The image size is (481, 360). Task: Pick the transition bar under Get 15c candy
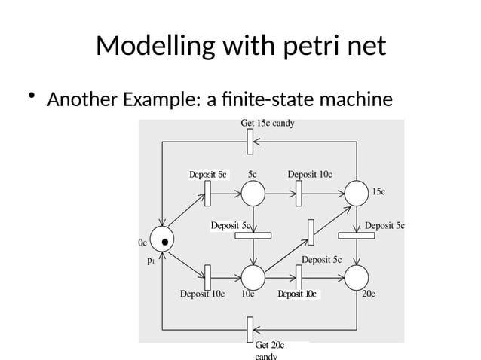click(250, 141)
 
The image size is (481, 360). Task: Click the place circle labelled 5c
click(253, 194)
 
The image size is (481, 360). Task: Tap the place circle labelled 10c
click(253, 278)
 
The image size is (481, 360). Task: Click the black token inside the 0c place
click(164, 242)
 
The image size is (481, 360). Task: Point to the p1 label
click(151, 262)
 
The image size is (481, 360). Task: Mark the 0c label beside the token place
click(142, 243)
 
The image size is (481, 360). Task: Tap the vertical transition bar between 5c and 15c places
click(299, 193)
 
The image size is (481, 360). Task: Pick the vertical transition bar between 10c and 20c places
click(299, 278)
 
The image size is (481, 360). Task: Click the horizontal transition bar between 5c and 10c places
click(253, 235)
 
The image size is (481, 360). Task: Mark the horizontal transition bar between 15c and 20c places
click(357, 235)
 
